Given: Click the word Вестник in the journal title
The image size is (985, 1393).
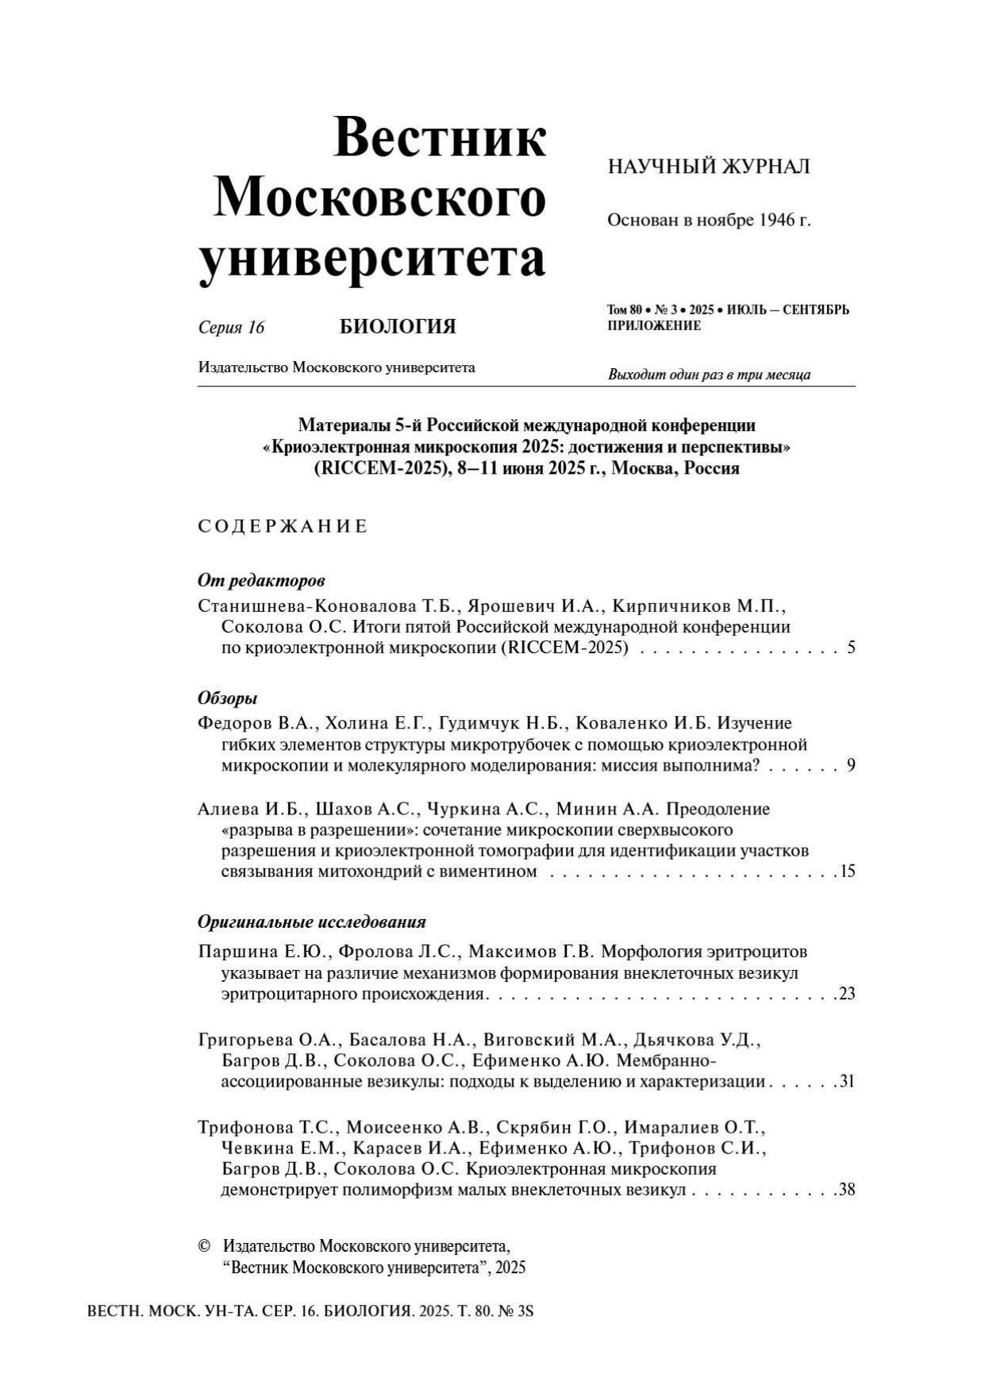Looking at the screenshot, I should coord(440,138).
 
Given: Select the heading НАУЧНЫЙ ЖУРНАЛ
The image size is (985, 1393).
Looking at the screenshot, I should coord(708,167).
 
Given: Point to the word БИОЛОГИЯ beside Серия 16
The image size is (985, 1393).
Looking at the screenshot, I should coord(398,326).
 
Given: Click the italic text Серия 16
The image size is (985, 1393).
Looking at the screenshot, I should coord(231,327).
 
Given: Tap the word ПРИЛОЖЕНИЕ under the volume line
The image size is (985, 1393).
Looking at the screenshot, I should coord(654,326).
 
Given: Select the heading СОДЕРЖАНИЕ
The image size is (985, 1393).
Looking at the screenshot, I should coord(283,526).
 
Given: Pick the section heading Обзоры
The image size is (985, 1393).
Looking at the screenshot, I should coord(228,698).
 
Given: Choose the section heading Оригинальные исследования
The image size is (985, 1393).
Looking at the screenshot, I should coord(311,922).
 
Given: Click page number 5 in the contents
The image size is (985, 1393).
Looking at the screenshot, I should coord(851,648).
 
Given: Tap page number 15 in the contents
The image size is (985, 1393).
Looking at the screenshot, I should coord(847,872).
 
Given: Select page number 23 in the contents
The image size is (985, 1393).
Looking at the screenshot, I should coord(847,994).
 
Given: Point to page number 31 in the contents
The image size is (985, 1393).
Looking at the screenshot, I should coord(847,1081).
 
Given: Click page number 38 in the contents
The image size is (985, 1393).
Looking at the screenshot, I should coord(847,1190).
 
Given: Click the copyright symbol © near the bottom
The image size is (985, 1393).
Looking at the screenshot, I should coord(204,1246).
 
